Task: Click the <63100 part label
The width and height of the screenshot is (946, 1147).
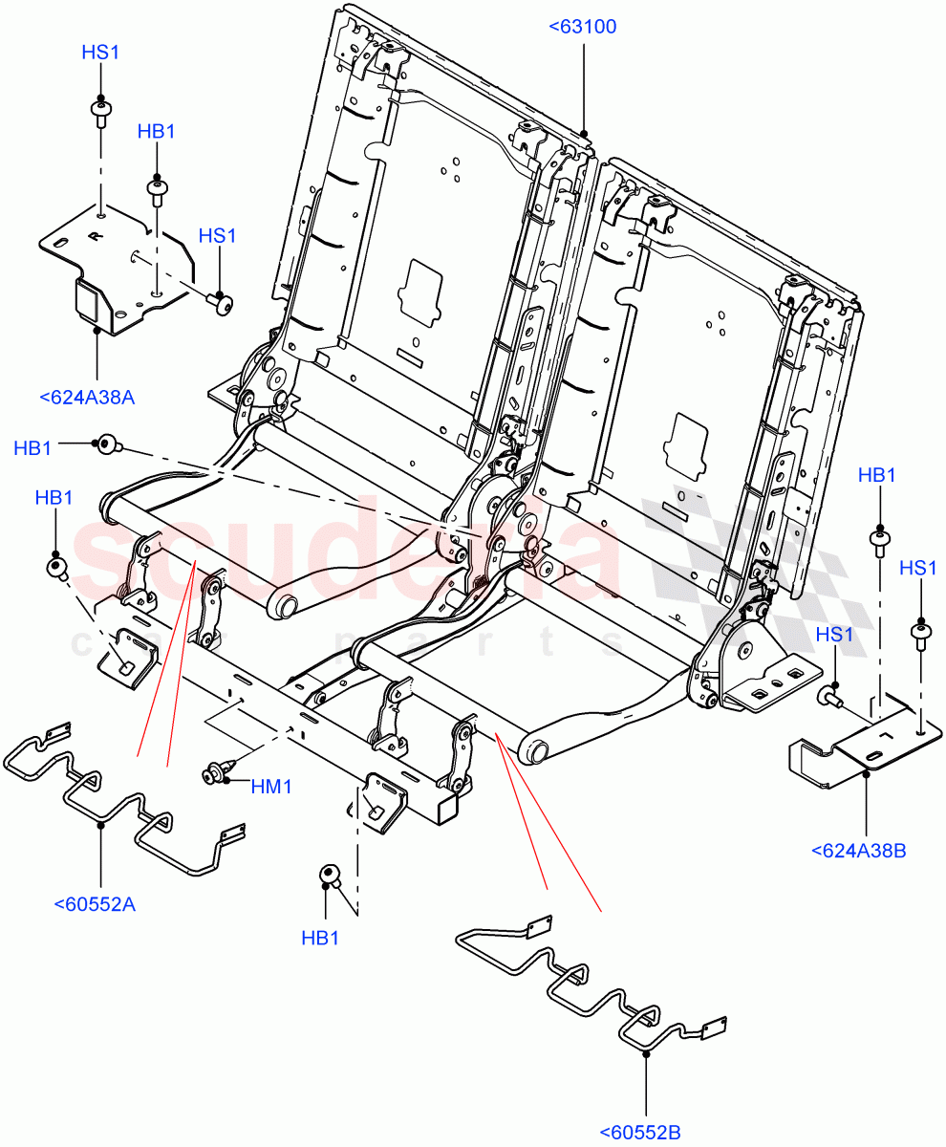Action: click(583, 27)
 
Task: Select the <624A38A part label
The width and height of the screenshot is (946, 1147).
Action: click(87, 398)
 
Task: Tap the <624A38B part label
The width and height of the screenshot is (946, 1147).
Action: click(857, 849)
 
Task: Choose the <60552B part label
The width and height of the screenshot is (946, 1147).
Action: click(640, 1133)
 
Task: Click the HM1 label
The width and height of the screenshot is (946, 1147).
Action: click(270, 787)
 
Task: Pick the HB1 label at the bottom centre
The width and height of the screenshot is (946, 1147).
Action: click(321, 939)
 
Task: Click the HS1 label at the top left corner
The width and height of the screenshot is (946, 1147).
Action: click(100, 54)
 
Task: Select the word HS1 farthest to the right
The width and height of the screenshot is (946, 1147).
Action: click(918, 569)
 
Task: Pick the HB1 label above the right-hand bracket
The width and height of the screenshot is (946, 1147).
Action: click(877, 475)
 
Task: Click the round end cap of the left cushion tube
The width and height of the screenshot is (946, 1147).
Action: click(284, 606)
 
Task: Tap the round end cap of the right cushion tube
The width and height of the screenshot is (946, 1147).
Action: click(533, 751)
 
